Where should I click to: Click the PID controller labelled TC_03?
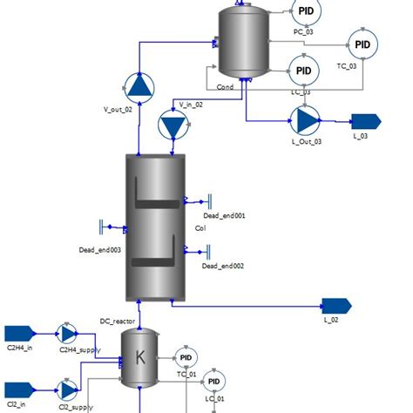click(362, 44)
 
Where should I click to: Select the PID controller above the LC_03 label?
click(302, 70)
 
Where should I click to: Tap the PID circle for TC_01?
click(186, 358)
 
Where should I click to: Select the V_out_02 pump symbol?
click(138, 85)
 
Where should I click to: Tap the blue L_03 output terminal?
click(362, 120)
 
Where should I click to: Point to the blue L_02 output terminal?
click(335, 305)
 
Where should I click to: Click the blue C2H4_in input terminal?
click(18, 333)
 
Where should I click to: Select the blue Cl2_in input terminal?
click(18, 388)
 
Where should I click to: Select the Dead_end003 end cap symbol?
click(104, 227)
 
